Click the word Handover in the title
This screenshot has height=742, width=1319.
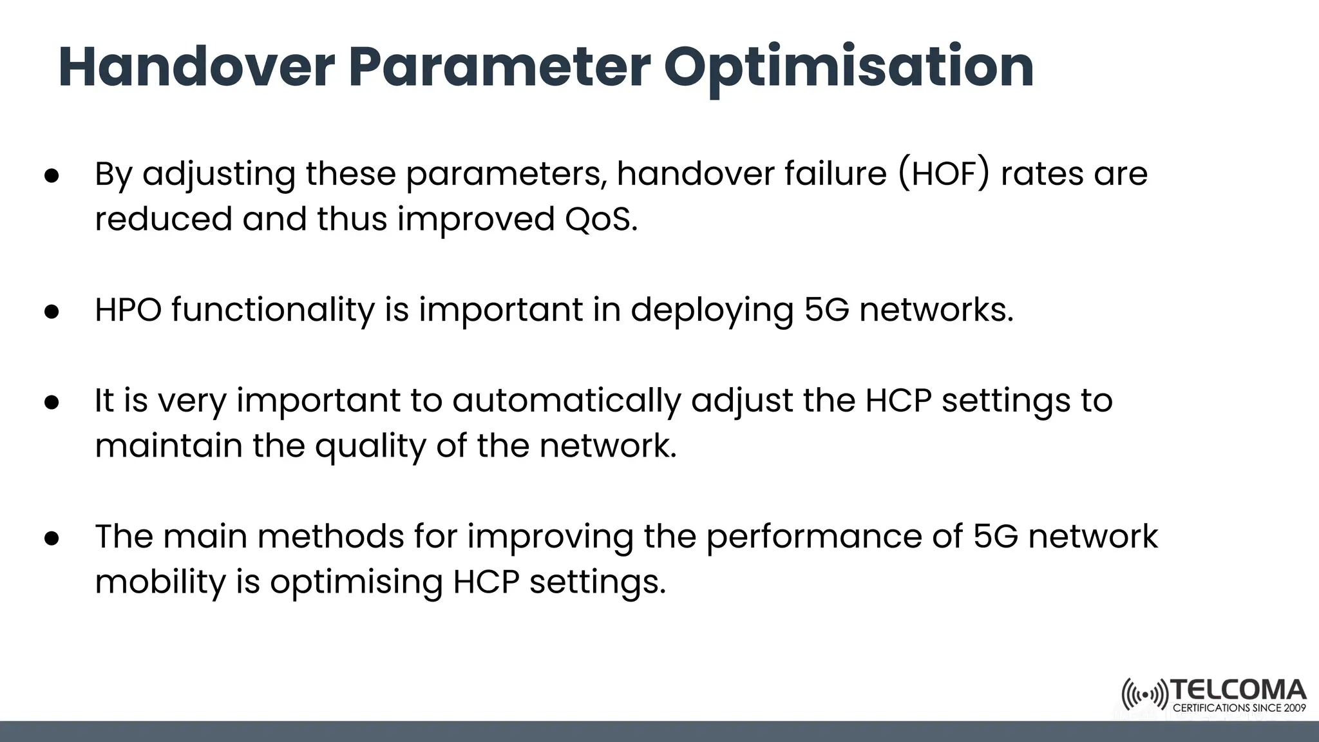(x=196, y=67)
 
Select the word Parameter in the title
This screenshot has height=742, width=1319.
(x=500, y=67)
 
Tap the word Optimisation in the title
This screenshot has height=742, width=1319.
(x=849, y=67)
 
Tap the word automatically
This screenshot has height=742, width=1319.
(x=566, y=401)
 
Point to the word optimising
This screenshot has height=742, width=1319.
(x=356, y=582)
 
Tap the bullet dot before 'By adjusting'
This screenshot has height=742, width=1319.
(x=52, y=175)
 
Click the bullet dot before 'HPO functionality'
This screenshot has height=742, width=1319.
(x=52, y=312)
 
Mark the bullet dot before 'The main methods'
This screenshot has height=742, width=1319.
(x=52, y=538)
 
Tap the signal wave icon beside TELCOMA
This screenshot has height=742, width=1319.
(x=1144, y=695)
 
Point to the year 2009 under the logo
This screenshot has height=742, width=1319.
(x=1295, y=708)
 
